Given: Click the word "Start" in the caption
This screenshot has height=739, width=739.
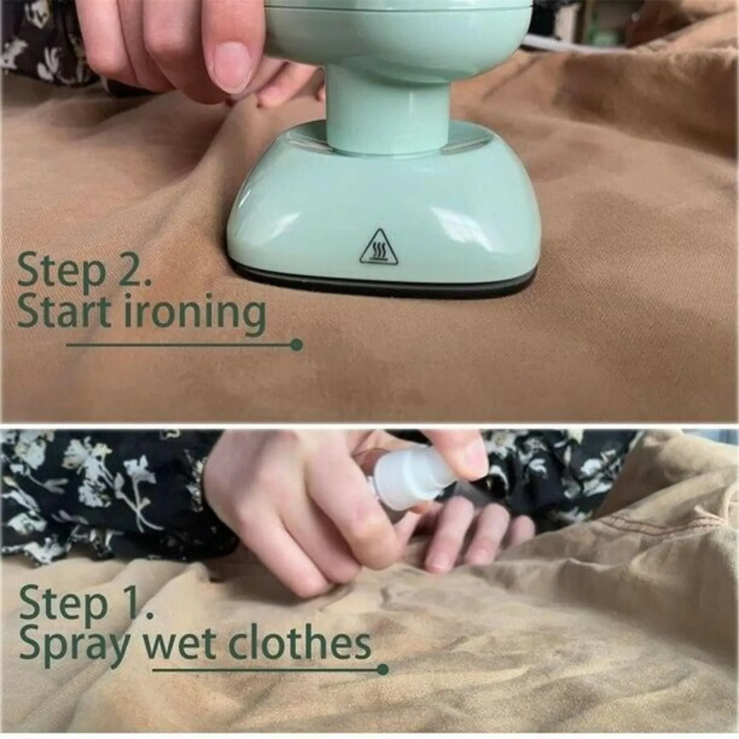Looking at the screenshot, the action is pos(65,311).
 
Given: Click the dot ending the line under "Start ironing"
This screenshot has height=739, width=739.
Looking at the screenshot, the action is pos(297,345).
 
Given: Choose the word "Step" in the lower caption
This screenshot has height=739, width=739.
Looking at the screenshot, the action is pos(63,605).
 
